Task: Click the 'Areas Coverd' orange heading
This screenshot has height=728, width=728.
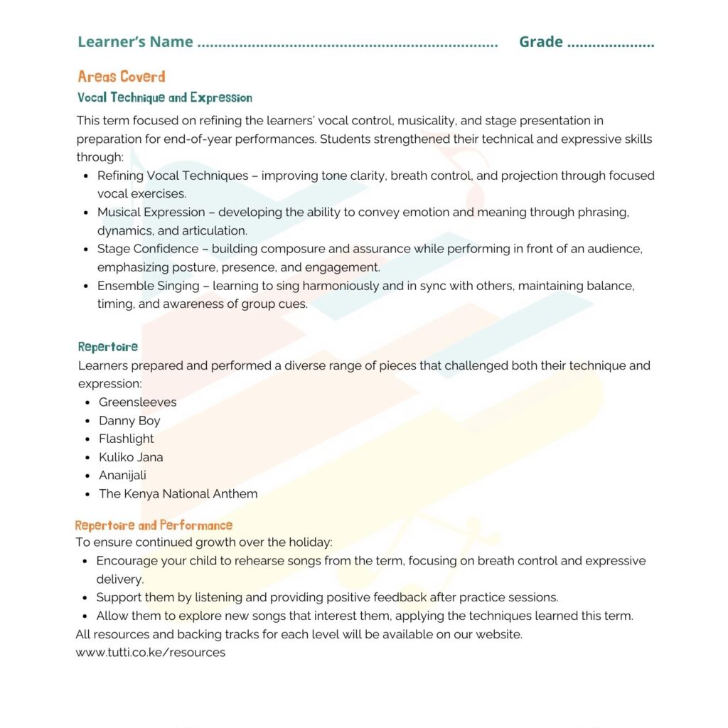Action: click(122, 77)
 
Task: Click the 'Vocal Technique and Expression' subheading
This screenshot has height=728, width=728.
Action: click(164, 97)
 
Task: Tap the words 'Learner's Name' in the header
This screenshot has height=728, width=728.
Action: click(135, 42)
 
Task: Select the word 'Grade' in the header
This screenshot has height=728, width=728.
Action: click(541, 42)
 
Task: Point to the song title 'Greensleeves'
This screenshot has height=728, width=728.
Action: click(137, 402)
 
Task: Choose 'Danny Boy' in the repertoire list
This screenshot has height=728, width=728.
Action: click(129, 421)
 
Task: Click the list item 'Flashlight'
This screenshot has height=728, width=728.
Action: click(126, 439)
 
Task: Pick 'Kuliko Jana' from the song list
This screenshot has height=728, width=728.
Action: click(131, 457)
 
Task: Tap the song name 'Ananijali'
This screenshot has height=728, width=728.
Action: click(122, 476)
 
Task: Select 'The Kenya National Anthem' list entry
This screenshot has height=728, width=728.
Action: click(178, 494)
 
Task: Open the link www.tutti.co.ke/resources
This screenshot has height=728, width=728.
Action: click(151, 653)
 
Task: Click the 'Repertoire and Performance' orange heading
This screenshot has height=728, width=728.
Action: click(154, 525)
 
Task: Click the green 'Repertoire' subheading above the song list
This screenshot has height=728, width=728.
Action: click(108, 347)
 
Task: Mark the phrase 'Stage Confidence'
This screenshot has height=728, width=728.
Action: click(148, 249)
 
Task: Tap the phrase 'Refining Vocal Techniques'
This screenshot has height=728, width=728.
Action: click(173, 176)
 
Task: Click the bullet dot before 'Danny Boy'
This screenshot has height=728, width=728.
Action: click(86, 421)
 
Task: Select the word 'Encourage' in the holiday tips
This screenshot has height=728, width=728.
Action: click(125, 561)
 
